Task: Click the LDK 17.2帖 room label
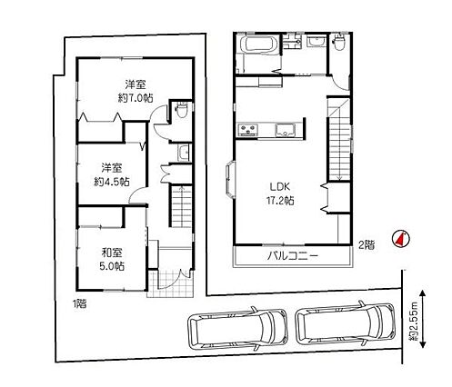[x=282, y=193]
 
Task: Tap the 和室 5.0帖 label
[x=112, y=259]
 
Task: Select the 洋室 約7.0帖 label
[x=136, y=91]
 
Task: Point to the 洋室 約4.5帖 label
[x=112, y=174]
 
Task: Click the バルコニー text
[x=293, y=256]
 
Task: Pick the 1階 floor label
[x=79, y=303]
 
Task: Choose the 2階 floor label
[x=367, y=244]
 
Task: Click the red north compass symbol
[x=400, y=239]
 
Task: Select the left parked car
[x=237, y=329]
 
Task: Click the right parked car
[x=346, y=323]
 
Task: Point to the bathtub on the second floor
[x=259, y=45]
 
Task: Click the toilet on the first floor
[x=182, y=110]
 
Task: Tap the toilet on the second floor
[x=339, y=42]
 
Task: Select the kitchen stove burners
[x=248, y=130]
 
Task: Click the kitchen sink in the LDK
[x=286, y=130]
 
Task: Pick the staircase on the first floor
[x=181, y=205]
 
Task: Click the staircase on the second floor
[x=339, y=139]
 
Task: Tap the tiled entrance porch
[x=170, y=283]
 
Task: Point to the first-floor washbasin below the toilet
[x=184, y=153]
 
